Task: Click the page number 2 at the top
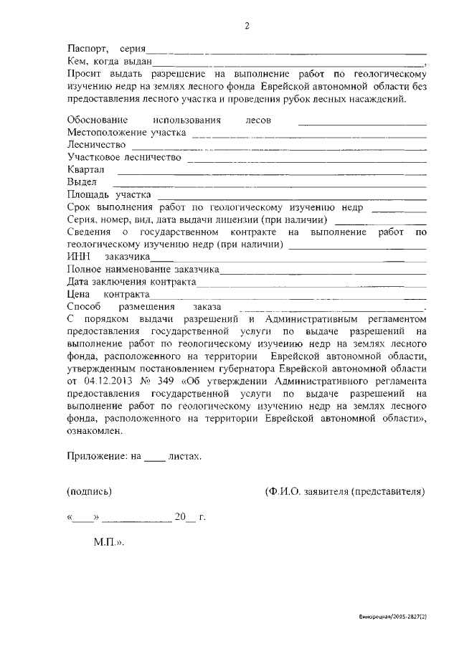247,27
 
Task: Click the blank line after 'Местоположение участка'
308,133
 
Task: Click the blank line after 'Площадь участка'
290,195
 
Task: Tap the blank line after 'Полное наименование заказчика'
322,269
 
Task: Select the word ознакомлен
94,431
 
